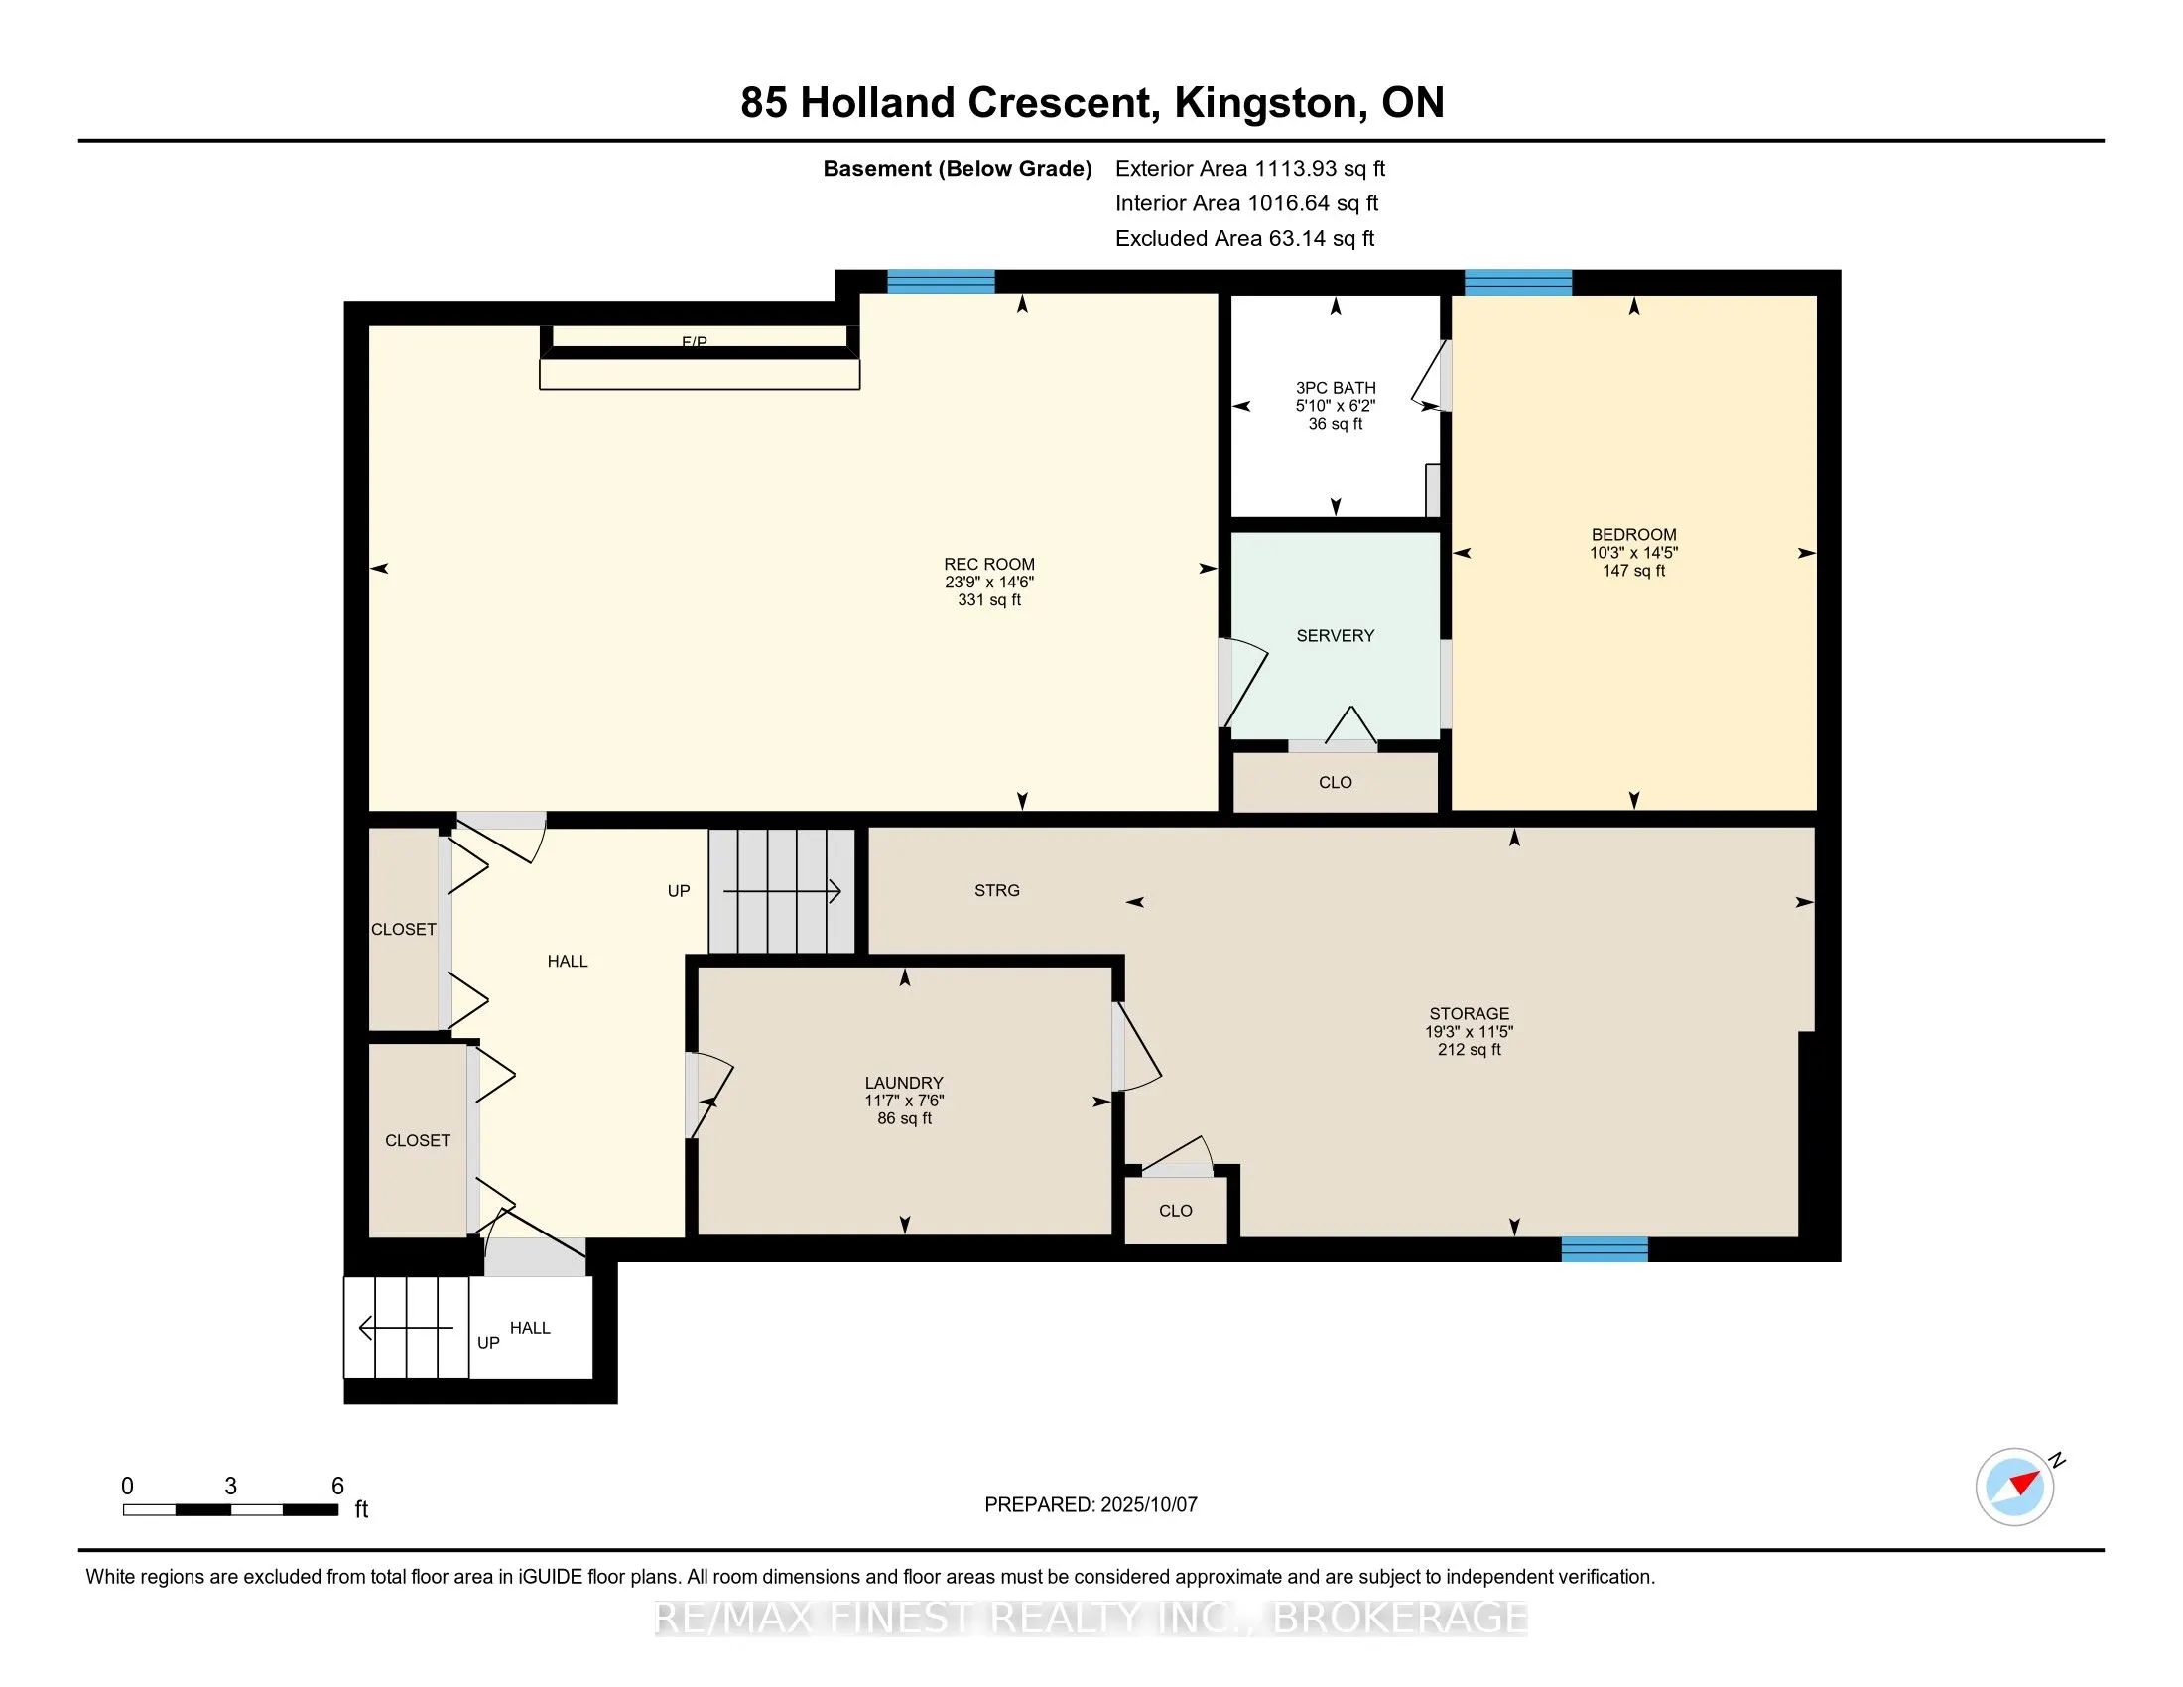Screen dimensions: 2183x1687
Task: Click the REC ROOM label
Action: [988, 565]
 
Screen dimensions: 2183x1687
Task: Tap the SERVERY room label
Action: [1336, 636]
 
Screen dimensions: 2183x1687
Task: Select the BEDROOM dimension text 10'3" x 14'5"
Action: [1633, 553]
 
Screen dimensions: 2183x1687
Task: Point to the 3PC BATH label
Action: [1336, 388]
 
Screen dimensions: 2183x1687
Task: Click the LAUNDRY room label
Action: [904, 1083]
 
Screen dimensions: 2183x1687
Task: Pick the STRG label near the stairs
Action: [996, 890]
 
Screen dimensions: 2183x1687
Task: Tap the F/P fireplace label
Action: [694, 342]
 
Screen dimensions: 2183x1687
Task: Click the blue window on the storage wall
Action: [1605, 1249]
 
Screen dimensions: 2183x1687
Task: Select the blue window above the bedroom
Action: [1517, 282]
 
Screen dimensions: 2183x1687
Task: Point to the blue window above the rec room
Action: [941, 282]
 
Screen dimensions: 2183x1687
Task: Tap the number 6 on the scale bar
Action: [337, 1486]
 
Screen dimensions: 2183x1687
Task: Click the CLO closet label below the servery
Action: [1336, 783]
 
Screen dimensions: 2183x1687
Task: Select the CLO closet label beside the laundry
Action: [1176, 1211]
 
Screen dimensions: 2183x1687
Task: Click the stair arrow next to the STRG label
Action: [782, 890]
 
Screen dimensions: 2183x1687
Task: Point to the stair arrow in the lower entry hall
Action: [406, 1328]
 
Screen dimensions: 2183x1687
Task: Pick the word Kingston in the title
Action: [1265, 103]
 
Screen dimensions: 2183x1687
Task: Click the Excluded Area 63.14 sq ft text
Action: [1244, 239]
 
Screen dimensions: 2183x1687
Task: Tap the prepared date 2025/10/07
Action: [1147, 1505]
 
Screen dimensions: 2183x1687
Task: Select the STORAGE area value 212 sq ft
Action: [1470, 1049]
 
